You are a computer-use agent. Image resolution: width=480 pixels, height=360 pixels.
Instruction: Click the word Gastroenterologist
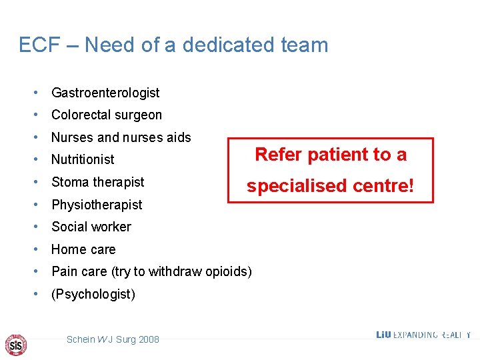click(105, 93)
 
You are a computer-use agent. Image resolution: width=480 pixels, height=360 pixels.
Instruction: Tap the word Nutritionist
click(83, 159)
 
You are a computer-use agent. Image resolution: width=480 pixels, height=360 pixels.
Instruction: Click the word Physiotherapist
click(97, 205)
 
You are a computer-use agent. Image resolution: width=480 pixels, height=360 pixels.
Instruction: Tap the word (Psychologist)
click(93, 294)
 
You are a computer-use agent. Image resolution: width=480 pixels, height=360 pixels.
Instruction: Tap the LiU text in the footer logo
click(383, 335)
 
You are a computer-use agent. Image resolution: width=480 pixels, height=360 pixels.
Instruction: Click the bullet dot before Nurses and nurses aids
click(41, 137)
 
